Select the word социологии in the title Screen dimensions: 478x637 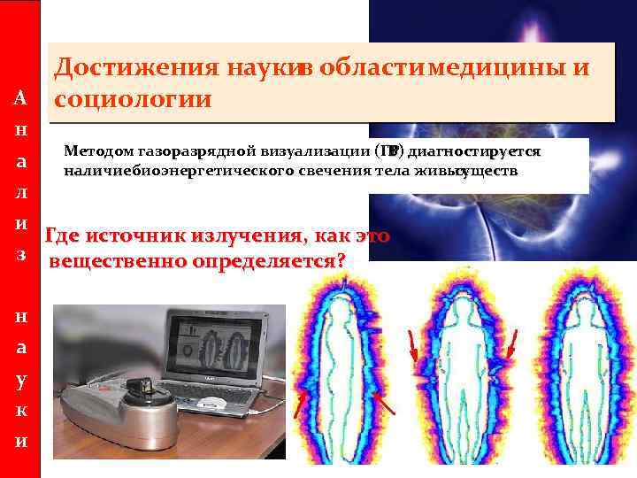[x=132, y=97]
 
